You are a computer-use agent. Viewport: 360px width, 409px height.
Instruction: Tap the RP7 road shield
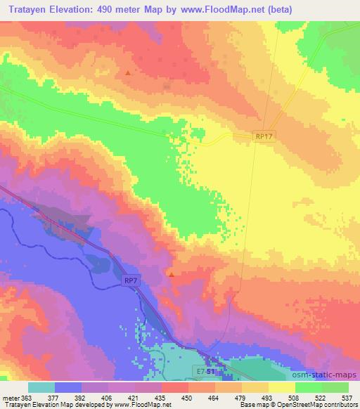[130, 280]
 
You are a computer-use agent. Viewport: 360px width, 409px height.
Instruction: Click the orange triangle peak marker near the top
[127, 72]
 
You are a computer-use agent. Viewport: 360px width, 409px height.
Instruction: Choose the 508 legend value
[293, 397]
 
